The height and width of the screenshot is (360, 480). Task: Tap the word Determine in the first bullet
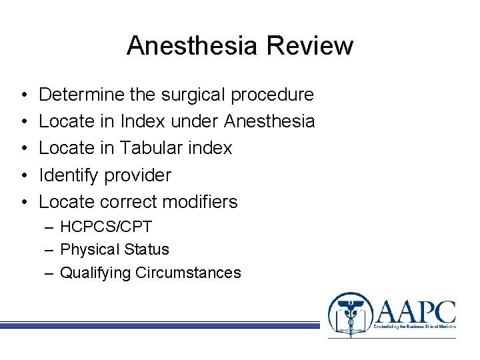click(x=82, y=95)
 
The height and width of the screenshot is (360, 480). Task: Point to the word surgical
click(x=193, y=95)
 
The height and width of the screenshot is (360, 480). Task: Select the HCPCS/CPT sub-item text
click(x=106, y=227)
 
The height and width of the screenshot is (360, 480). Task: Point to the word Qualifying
click(x=95, y=273)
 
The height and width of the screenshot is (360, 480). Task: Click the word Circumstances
click(x=188, y=273)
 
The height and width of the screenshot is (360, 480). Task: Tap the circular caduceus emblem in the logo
click(x=349, y=314)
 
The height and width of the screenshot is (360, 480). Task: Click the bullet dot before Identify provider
click(x=23, y=175)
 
